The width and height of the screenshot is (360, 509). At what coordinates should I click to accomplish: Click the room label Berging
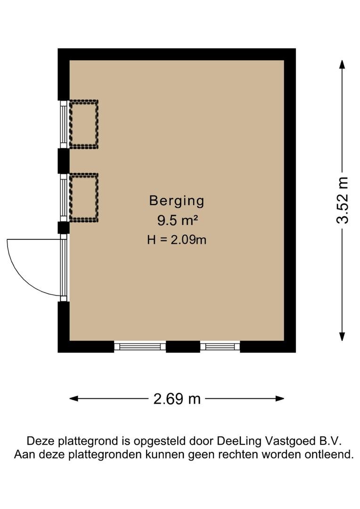click(x=177, y=201)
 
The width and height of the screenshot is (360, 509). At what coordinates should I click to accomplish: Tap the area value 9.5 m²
click(x=177, y=220)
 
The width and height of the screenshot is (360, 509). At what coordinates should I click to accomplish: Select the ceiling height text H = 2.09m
click(x=177, y=239)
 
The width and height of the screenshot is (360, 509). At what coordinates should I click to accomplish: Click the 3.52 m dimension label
click(x=342, y=200)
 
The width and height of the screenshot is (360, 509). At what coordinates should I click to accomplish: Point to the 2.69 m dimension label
click(x=177, y=399)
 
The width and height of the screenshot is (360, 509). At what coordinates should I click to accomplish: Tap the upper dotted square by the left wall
click(x=84, y=124)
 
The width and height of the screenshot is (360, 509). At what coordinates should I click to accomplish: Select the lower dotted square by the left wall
click(x=84, y=197)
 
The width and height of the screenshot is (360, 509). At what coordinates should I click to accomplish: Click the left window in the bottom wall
click(x=140, y=347)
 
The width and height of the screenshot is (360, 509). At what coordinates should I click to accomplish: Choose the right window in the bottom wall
click(x=220, y=347)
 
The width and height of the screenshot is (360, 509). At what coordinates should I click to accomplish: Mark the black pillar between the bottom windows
click(x=183, y=347)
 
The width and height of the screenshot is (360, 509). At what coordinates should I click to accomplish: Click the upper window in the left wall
click(x=63, y=124)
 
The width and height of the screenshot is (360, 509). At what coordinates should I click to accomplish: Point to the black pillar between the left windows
click(x=63, y=161)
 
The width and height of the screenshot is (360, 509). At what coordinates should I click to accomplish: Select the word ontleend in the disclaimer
click(x=329, y=455)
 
